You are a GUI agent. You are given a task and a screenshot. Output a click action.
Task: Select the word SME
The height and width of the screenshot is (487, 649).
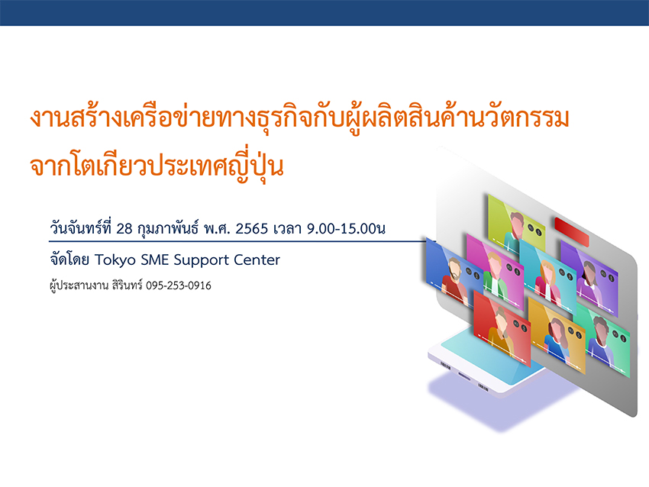click(155, 260)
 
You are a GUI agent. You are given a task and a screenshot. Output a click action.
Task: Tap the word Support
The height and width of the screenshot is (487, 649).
click(201, 260)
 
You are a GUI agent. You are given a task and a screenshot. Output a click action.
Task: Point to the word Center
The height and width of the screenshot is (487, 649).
click(257, 260)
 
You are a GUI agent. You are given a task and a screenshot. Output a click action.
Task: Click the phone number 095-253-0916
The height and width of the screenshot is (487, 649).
click(179, 285)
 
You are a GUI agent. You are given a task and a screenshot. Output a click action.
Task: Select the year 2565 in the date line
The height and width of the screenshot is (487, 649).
click(252, 228)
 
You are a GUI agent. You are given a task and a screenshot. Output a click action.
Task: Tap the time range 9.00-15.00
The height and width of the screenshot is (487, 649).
click(341, 228)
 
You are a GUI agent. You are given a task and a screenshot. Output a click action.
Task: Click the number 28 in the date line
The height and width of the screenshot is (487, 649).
click(124, 228)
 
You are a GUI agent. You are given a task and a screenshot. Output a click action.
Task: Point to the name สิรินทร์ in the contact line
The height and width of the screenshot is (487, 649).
click(127, 285)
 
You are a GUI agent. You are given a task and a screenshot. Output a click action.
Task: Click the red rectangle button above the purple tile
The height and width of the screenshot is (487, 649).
click(572, 232)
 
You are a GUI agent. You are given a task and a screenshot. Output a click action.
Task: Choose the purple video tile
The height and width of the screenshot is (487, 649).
click(589, 278)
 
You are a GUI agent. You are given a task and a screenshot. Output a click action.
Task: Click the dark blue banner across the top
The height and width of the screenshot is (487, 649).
click(324, 13)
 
